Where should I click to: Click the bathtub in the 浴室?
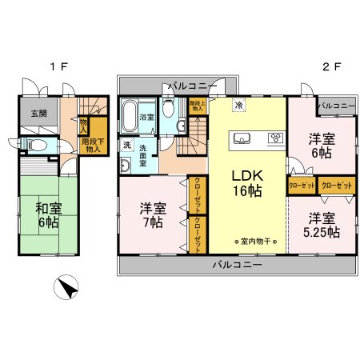pyautogui.click(x=129, y=117)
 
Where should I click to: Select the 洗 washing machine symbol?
pyautogui.click(x=126, y=145)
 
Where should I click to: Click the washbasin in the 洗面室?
pyautogui.click(x=127, y=166)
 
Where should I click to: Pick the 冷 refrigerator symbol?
pyautogui.click(x=238, y=105)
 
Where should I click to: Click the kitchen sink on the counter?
pyautogui.click(x=242, y=138)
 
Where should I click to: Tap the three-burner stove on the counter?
pyautogui.click(x=274, y=138)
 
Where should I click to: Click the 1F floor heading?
pyautogui.click(x=57, y=67)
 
